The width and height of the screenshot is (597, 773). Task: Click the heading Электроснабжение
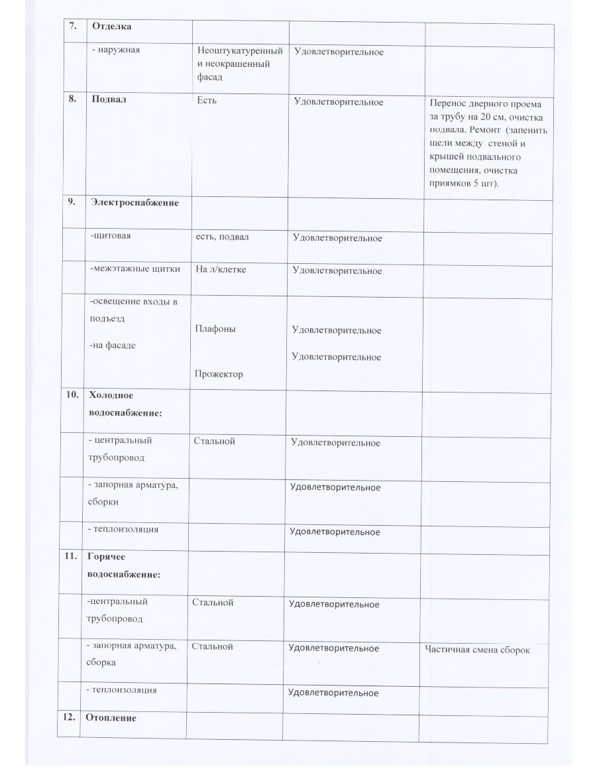[135, 203]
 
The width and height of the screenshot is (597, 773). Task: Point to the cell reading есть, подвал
[222, 237]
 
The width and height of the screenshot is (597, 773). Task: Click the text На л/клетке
[221, 270]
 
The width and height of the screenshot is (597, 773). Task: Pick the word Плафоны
[215, 329]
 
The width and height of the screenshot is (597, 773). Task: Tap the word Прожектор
[218, 374]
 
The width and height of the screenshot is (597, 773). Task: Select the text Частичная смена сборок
[477, 649]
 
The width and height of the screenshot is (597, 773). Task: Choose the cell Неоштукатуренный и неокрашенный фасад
[240, 64]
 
